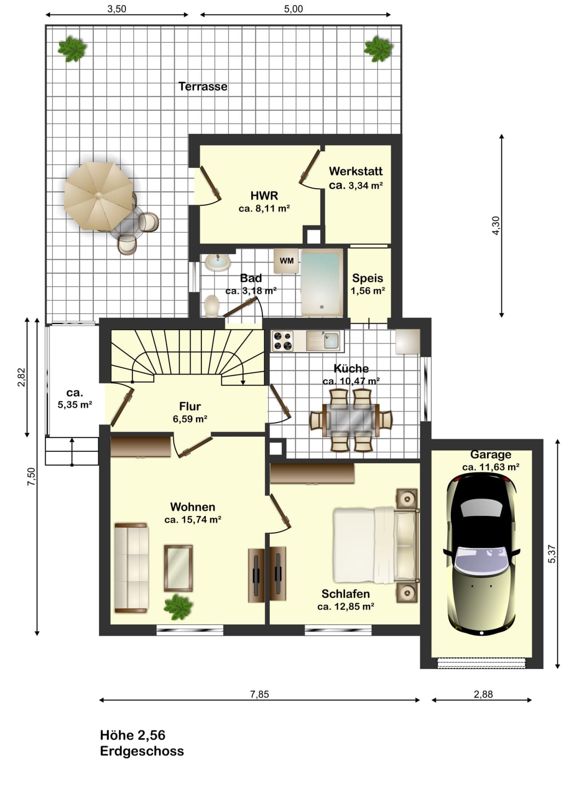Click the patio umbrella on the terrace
[98, 196]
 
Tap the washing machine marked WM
[287, 260]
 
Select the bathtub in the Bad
[322, 283]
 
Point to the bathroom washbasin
[218, 262]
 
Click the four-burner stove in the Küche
[283, 341]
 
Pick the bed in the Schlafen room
[376, 546]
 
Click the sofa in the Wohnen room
[131, 568]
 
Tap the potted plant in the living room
[178, 607]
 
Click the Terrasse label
[203, 86]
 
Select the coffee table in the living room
[178, 568]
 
